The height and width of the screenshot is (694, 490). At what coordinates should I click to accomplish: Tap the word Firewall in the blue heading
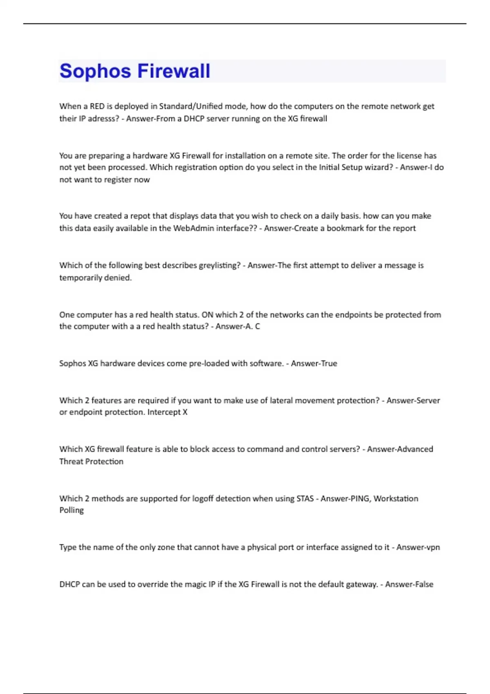coord(174,71)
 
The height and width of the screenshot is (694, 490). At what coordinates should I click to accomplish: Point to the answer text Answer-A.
coord(234,327)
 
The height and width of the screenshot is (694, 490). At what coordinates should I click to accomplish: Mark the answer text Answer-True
coord(314,363)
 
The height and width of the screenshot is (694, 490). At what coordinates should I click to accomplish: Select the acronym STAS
coord(305,498)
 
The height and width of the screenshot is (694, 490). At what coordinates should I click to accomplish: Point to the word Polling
coord(71,510)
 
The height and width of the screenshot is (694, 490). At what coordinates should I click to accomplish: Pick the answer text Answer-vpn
coord(418,547)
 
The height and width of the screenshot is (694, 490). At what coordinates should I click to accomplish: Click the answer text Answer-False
coord(409,585)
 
